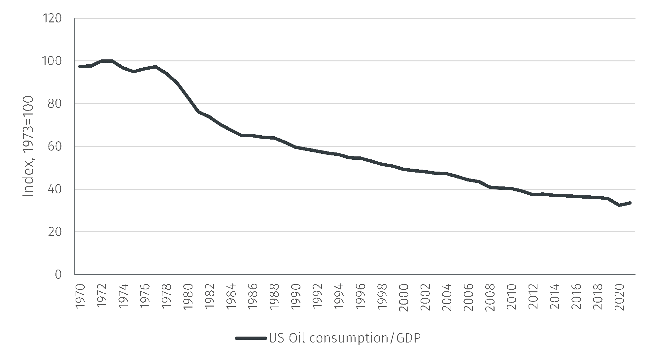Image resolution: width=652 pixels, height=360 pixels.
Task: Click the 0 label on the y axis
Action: [x=58, y=275]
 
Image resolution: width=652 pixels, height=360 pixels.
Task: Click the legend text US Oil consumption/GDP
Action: [x=345, y=338]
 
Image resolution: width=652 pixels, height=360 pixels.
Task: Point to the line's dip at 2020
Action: [x=619, y=205]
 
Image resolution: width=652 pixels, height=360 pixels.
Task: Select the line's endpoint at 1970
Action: [x=80, y=66]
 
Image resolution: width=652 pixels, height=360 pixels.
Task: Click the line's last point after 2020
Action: [x=630, y=203]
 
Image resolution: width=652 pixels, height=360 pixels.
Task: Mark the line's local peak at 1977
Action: [x=155, y=66]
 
